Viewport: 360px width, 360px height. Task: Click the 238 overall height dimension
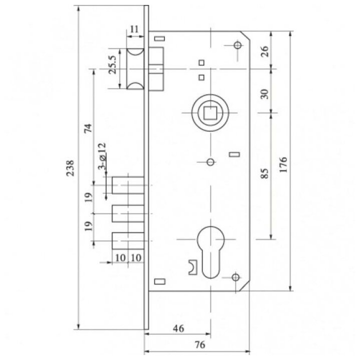click(x=70, y=168)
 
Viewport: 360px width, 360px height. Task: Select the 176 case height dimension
click(x=284, y=164)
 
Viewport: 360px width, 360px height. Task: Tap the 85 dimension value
click(x=264, y=173)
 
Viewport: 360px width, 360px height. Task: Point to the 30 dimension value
click(x=264, y=94)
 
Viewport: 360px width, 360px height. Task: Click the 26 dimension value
click(x=264, y=51)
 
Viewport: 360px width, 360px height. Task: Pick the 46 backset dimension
click(x=178, y=328)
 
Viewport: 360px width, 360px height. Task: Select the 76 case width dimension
click(x=199, y=344)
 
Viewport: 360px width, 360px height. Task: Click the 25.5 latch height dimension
click(x=112, y=64)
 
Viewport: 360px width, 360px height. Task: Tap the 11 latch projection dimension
click(x=134, y=29)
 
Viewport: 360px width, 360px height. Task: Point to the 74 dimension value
click(x=88, y=128)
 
